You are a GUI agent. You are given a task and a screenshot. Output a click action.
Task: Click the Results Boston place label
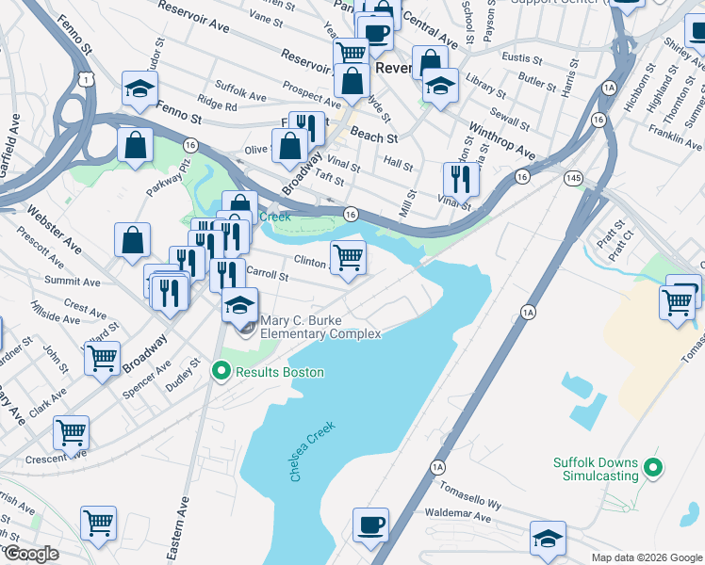click(x=280, y=372)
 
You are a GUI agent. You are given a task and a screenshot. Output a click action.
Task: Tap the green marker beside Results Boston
click(x=221, y=372)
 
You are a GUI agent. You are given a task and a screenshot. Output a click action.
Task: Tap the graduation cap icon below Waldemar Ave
click(x=548, y=538)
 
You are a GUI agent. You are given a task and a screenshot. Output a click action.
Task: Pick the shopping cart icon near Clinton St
click(x=348, y=257)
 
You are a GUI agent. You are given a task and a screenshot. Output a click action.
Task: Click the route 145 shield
click(x=572, y=178)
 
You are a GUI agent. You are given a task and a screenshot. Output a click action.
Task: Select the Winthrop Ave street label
click(x=502, y=141)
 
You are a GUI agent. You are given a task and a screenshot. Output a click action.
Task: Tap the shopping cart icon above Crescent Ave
click(x=71, y=433)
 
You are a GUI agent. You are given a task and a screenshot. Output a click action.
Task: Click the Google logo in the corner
click(x=30, y=554)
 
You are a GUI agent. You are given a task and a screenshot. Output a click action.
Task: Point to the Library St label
click(x=485, y=86)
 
